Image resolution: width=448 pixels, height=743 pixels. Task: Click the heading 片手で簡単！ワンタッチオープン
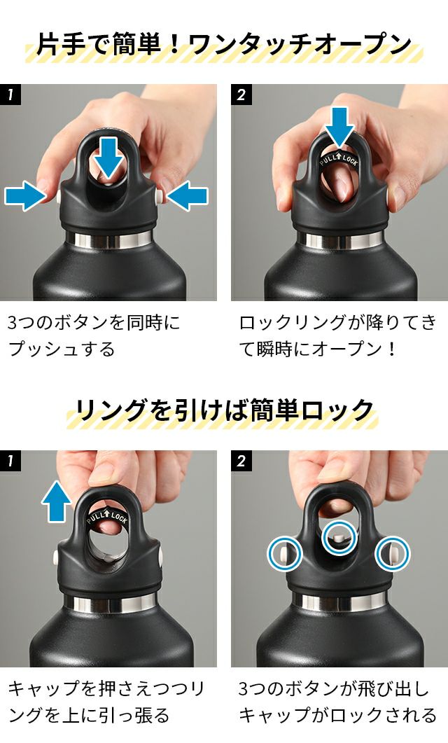click(223, 45)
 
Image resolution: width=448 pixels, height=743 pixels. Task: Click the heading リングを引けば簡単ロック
click(223, 410)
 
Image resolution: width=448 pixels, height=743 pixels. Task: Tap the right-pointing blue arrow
click(25, 195)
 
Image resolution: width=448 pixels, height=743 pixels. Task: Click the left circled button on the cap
click(285, 553)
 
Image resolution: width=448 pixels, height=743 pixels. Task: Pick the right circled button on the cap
click(393, 553)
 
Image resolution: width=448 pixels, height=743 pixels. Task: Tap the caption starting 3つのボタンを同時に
click(94, 336)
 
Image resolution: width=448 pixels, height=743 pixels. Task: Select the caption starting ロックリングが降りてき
click(337, 336)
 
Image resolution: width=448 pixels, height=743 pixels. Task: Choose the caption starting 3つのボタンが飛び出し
click(337, 701)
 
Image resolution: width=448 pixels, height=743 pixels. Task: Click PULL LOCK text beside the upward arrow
click(107, 517)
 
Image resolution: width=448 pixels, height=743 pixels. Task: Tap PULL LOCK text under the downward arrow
click(339, 159)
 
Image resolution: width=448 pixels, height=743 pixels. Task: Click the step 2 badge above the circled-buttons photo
click(241, 461)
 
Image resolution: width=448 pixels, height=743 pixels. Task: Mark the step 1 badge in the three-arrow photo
click(10, 95)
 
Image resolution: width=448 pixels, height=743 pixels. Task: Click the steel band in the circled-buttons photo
click(339, 602)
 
